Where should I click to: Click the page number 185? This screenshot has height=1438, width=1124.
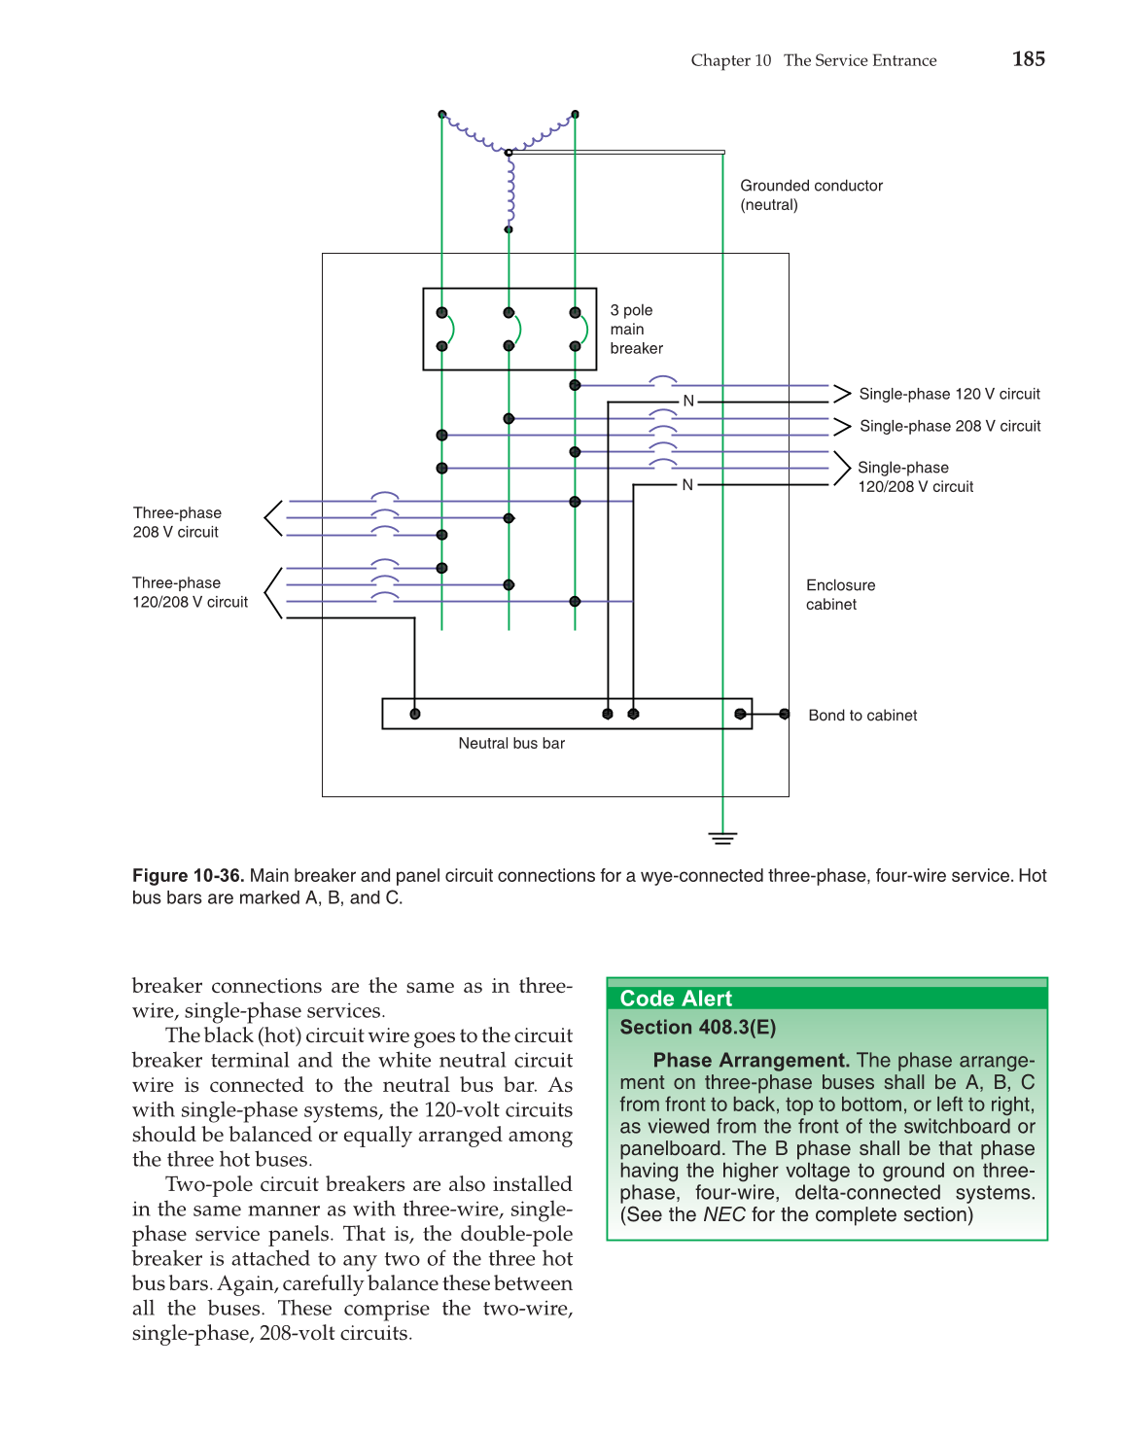(x=1028, y=59)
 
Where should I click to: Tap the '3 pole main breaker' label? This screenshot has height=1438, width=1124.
(x=636, y=330)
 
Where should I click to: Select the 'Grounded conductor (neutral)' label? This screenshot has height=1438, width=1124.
(x=811, y=195)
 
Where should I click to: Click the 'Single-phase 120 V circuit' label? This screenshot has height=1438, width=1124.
(x=949, y=394)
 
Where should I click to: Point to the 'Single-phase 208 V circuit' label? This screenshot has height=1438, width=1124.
(x=950, y=426)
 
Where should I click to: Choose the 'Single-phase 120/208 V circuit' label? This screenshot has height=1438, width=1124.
(x=914, y=477)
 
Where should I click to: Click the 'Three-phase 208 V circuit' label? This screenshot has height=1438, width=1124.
(x=177, y=522)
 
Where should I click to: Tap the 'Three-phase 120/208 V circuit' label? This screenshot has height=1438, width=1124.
(x=190, y=592)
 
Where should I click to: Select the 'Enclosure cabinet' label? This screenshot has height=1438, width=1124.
(x=840, y=594)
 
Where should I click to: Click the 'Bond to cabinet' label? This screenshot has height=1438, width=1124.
(x=862, y=716)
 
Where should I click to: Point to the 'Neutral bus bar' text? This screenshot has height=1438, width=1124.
(x=511, y=744)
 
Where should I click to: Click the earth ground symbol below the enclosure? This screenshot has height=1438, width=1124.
(x=722, y=837)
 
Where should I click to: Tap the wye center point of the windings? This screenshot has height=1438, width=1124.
(x=509, y=153)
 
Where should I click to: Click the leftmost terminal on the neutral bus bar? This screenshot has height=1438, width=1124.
(x=415, y=714)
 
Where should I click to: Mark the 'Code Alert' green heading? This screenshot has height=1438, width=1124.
(x=676, y=999)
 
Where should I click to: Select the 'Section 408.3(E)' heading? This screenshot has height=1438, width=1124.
(x=697, y=1028)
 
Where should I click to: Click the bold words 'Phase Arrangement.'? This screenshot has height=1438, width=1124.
(x=752, y=1060)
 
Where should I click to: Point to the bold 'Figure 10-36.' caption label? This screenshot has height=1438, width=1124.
(x=188, y=876)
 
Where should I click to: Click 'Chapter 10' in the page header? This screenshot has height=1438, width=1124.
(x=730, y=60)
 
